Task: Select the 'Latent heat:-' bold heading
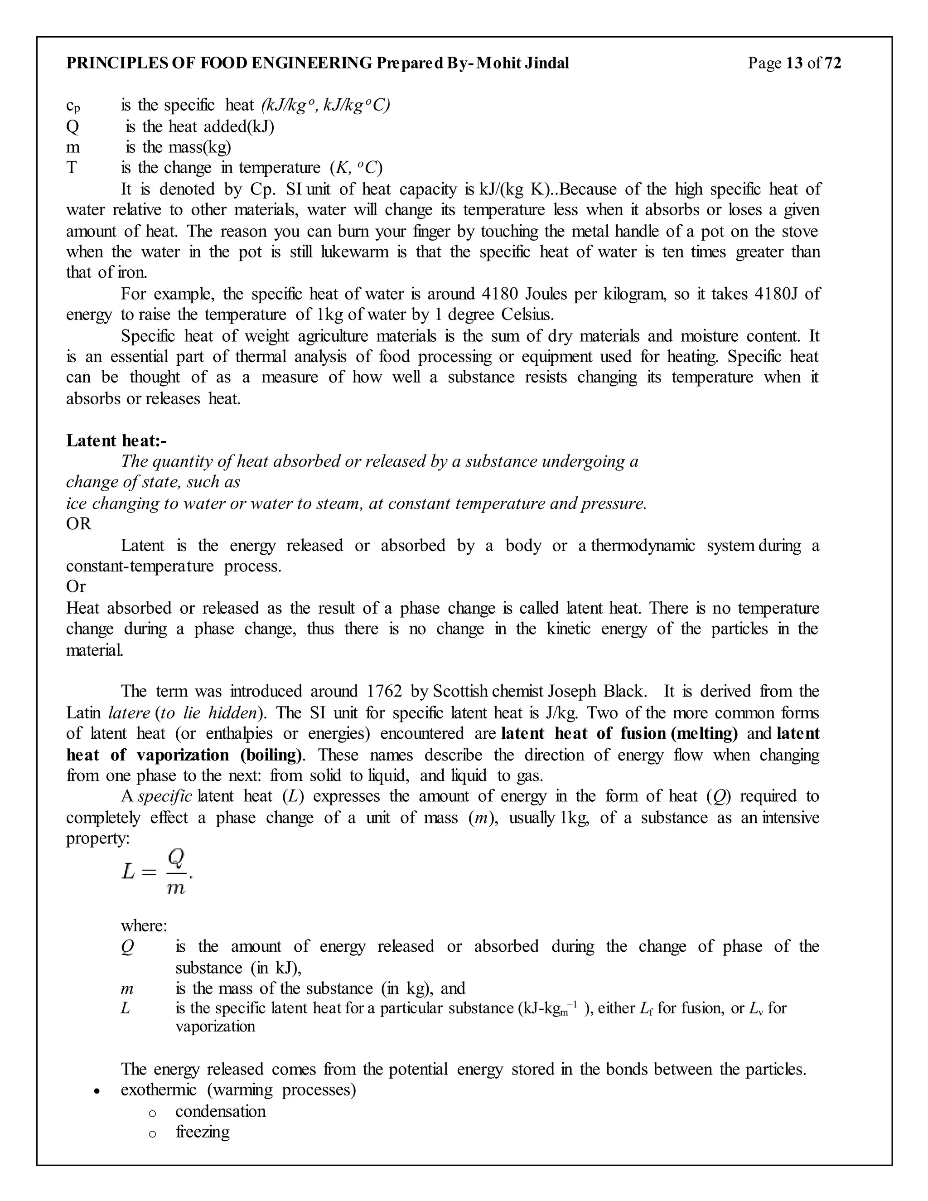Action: (116, 441)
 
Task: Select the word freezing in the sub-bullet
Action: (202, 1132)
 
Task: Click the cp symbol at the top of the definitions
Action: (73, 105)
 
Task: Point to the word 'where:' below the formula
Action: (144, 925)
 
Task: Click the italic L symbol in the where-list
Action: (126, 1008)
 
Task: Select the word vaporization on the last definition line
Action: (215, 1026)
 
